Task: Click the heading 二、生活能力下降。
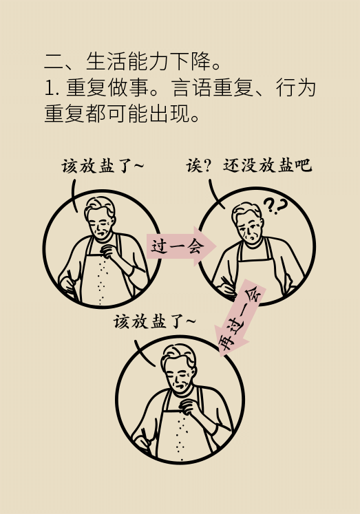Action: click(x=132, y=61)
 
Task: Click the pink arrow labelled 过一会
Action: click(x=180, y=246)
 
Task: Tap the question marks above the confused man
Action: click(x=275, y=206)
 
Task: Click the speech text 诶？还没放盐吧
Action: click(x=248, y=165)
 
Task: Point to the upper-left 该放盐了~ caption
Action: click(x=103, y=166)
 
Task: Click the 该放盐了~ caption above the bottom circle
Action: click(x=154, y=321)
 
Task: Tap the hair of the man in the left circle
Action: click(x=100, y=207)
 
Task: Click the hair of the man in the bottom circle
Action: click(x=179, y=356)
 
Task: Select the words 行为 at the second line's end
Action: click(x=296, y=88)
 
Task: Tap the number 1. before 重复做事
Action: click(x=52, y=89)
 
